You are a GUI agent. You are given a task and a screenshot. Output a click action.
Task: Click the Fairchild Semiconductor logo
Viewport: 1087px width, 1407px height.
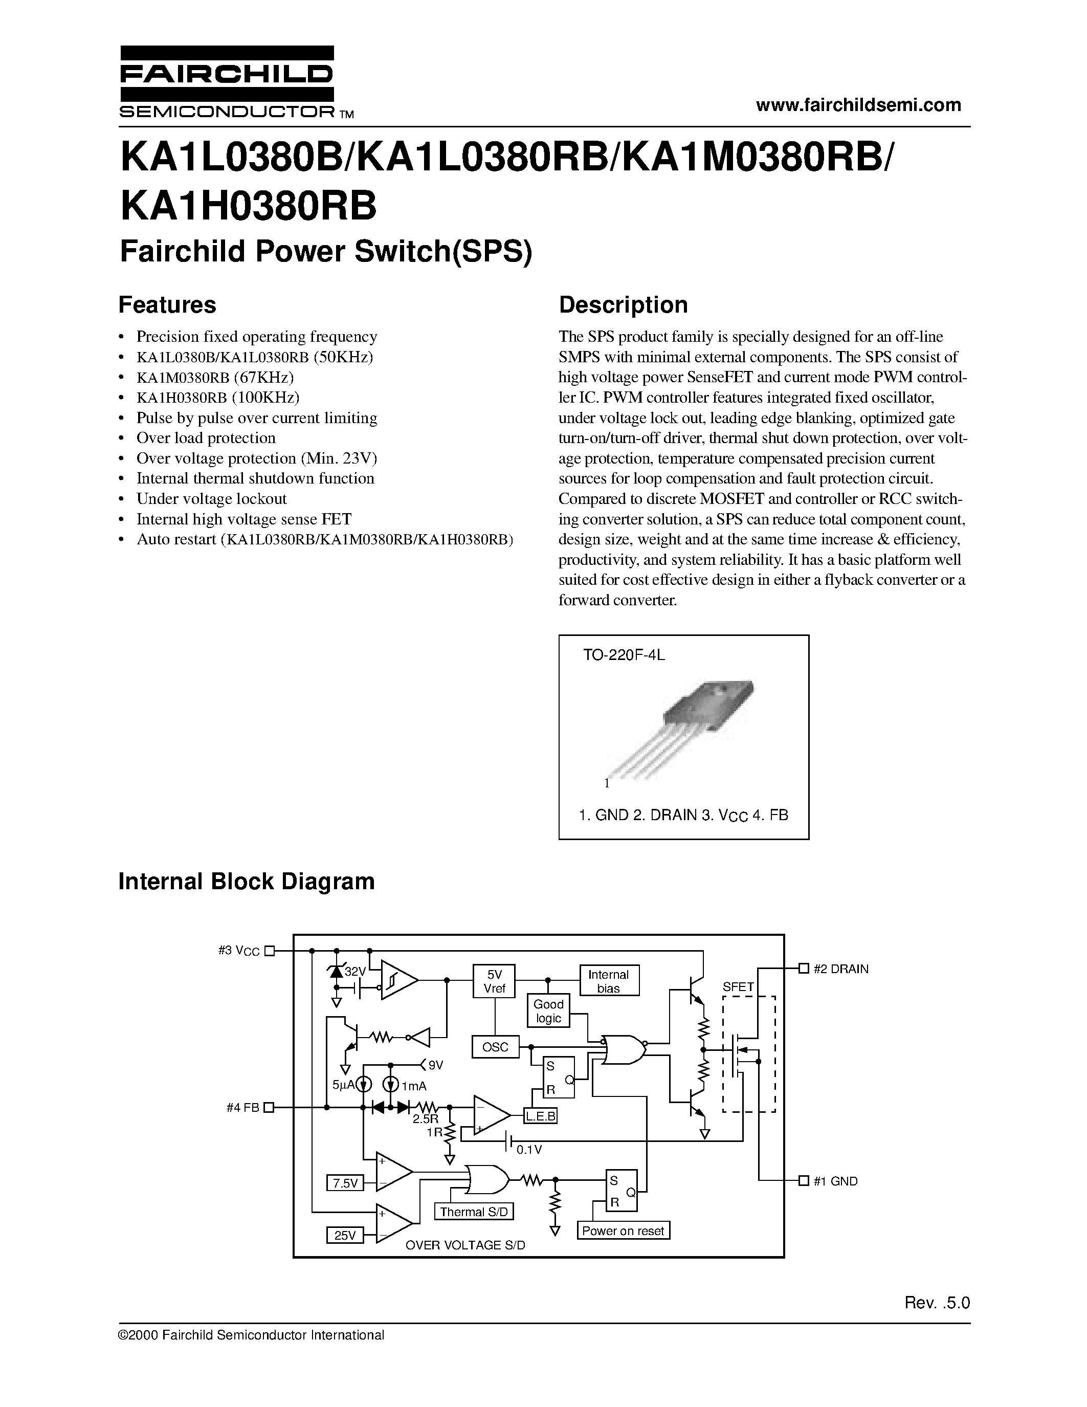[x=227, y=82]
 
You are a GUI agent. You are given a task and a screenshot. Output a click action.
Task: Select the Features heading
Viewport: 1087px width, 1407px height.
[x=167, y=305]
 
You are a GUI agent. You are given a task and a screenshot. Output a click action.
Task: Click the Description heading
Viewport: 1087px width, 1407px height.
[x=623, y=305]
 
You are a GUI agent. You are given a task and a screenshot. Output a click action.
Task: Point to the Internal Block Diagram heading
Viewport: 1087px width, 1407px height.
[x=247, y=881]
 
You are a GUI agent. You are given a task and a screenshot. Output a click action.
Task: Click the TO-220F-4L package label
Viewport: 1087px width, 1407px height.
[x=624, y=655]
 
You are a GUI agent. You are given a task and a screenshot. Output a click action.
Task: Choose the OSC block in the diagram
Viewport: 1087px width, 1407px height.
[x=495, y=1047]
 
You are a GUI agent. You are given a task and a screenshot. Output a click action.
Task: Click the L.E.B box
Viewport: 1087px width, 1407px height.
[x=540, y=1116]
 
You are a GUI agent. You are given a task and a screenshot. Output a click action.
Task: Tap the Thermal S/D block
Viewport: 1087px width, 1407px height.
[x=474, y=1212]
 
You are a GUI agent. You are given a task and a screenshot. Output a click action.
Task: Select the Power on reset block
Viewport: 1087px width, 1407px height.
[x=623, y=1230]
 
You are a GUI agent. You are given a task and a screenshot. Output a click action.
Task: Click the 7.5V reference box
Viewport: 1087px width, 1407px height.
[x=345, y=1183]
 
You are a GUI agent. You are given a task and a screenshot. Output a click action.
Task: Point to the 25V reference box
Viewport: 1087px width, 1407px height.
[x=345, y=1235]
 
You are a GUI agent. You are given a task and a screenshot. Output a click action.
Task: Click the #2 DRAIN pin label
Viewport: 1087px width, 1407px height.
[x=840, y=969]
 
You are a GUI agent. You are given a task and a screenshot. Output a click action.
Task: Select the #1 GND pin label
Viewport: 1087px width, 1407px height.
[x=835, y=1181]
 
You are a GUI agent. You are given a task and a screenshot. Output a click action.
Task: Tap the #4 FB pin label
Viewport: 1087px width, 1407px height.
[x=243, y=1107]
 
